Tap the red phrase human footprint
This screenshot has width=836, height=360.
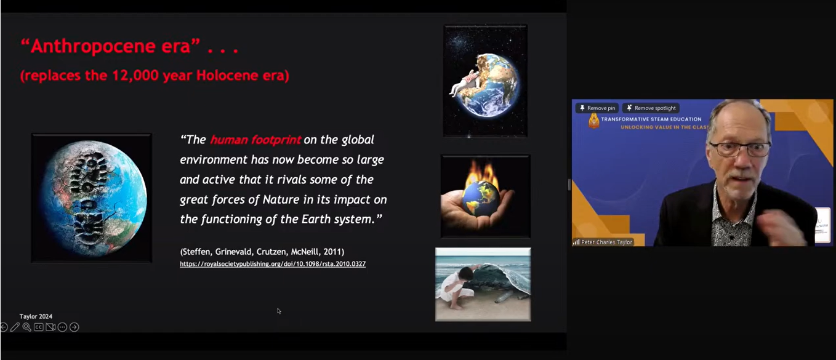[x=255, y=140]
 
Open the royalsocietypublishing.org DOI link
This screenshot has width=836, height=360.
[x=273, y=264]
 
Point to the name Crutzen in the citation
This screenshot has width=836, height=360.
[x=271, y=252]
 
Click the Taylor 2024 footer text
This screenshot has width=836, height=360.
[x=36, y=316]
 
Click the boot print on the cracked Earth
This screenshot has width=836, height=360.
[x=90, y=198]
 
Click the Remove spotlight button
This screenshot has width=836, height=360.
[x=651, y=108]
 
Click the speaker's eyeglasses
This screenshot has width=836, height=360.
[x=740, y=149]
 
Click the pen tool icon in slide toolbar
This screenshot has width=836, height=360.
[x=15, y=327]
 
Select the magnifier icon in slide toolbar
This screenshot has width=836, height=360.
[x=26, y=327]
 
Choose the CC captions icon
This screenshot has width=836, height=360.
[x=38, y=327]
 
